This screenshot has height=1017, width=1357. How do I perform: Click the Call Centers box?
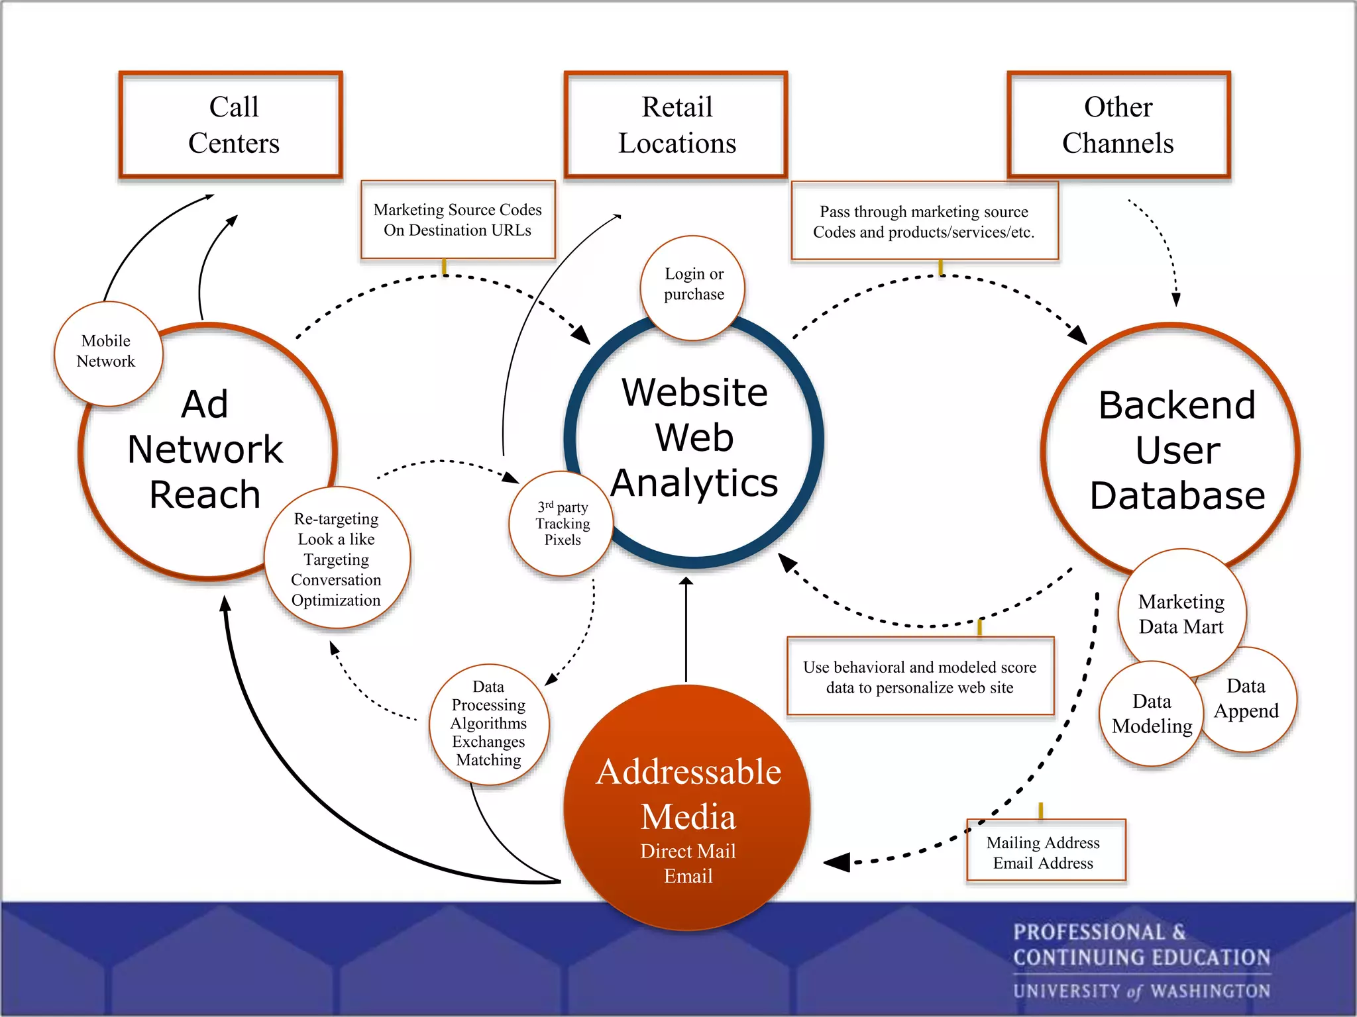tap(231, 125)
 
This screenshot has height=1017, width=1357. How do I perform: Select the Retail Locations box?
tap(676, 125)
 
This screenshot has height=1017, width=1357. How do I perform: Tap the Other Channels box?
tap(1118, 125)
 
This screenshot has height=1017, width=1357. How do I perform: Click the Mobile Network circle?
tap(107, 352)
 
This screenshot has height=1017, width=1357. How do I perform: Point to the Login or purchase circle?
tap(693, 285)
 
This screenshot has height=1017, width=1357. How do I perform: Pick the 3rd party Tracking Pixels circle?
tap(562, 524)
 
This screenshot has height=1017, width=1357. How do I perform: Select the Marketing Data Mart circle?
tap(1181, 614)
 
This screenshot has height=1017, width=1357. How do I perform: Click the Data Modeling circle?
tap(1152, 714)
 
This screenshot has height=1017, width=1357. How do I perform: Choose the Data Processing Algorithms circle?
tap(489, 724)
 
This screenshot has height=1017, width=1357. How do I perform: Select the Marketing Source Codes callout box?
tap(457, 220)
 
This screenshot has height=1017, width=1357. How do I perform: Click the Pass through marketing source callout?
tap(924, 222)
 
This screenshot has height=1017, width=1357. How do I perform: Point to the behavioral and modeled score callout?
tap(920, 677)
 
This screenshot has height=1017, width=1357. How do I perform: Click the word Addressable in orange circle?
tap(688, 773)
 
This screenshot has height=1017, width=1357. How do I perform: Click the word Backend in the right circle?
tap(1177, 405)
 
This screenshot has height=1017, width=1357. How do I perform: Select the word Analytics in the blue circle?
tap(694, 483)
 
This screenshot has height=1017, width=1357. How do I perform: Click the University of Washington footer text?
tap(1141, 991)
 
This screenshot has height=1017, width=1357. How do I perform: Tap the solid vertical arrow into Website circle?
tap(686, 629)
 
